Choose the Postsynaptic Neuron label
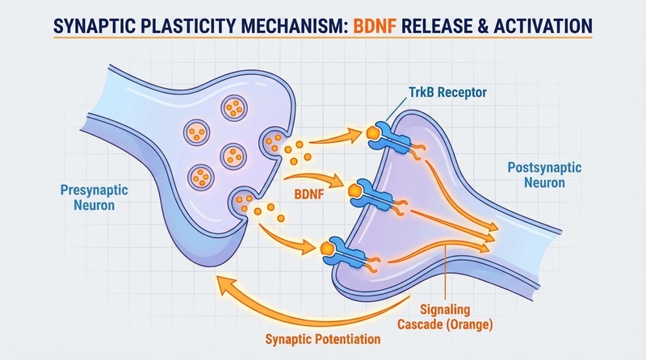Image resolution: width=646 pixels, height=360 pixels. [550, 178]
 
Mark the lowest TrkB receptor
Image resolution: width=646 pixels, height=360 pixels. [342, 250]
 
